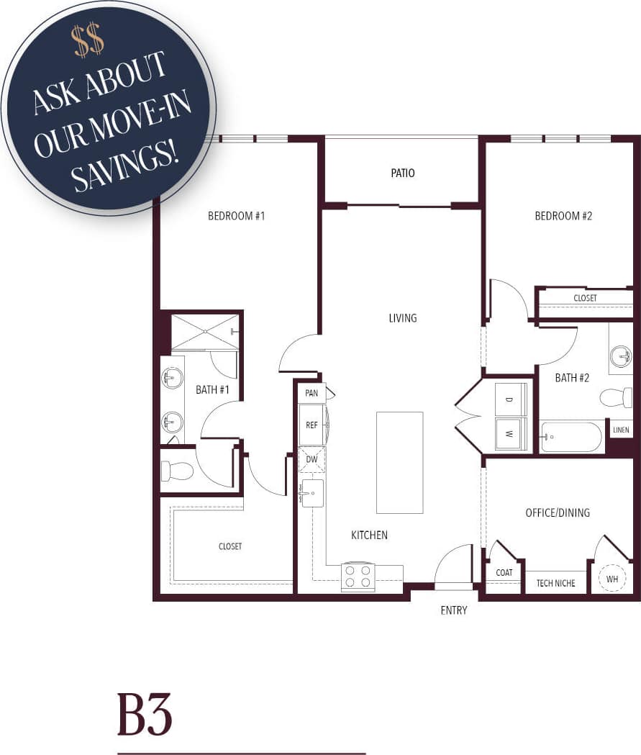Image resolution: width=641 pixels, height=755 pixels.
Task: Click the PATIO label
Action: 403,173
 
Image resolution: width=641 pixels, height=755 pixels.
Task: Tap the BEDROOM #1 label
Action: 237,215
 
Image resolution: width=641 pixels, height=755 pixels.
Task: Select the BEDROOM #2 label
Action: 563,215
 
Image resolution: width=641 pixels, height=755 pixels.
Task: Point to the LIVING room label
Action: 403,318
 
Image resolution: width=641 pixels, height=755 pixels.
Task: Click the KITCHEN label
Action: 369,535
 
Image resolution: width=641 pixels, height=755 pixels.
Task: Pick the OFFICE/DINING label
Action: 558,512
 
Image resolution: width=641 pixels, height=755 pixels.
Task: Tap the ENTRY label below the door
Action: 453,610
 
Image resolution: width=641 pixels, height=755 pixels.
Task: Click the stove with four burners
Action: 358,576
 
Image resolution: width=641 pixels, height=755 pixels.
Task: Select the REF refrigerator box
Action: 312,425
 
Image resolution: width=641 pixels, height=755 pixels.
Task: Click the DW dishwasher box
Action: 312,458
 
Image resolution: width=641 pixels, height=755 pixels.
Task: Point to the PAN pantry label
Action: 312,393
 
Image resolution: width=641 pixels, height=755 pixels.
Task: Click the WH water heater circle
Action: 612,579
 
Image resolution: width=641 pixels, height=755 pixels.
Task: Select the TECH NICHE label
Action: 556,583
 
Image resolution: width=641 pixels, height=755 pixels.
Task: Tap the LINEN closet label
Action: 621,430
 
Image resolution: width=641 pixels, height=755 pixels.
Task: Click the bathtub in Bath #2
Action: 571,437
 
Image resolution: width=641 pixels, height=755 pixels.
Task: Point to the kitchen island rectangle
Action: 399,462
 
